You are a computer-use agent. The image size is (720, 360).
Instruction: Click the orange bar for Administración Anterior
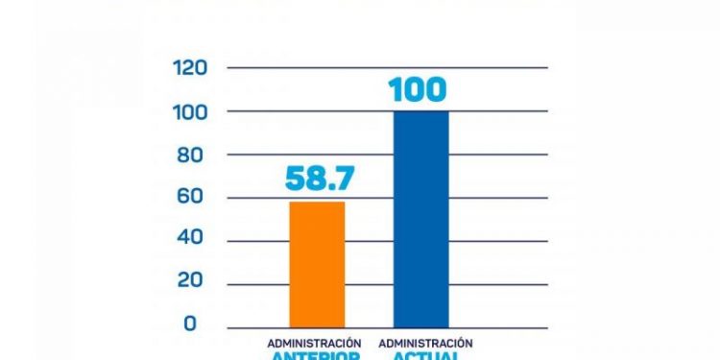[x=317, y=264]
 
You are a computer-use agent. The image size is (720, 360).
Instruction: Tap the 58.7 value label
[x=317, y=178]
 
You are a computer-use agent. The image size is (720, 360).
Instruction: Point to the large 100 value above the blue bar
[x=417, y=89]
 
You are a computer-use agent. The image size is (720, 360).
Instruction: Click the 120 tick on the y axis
[x=189, y=68]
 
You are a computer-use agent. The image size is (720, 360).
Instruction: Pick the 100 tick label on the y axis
[x=189, y=111]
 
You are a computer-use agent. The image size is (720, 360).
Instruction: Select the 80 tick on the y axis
[x=195, y=155]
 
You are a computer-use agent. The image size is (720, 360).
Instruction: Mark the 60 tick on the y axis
[x=195, y=198]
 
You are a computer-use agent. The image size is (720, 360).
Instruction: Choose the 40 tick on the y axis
[x=195, y=241]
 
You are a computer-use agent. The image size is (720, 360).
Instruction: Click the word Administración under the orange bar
[x=314, y=343]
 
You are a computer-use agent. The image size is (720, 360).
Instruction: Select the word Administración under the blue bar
[x=425, y=343]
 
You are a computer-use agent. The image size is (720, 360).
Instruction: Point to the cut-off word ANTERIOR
[x=315, y=356]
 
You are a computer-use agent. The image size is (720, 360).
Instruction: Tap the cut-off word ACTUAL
[x=425, y=356]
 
